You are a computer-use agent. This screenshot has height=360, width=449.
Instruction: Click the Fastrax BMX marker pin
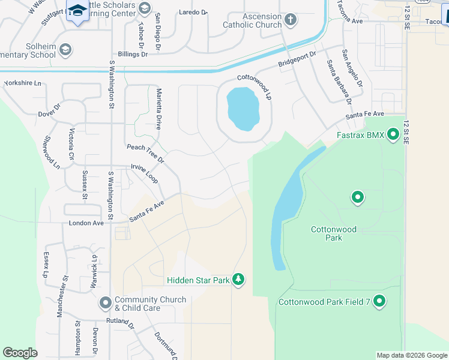[393, 134]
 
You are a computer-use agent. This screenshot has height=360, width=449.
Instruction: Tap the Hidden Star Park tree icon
[239, 280]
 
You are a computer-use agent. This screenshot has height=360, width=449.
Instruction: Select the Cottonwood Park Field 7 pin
[379, 301]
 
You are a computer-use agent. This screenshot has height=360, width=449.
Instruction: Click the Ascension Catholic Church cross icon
[290, 20]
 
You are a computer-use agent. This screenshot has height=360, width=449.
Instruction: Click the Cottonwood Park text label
[334, 233]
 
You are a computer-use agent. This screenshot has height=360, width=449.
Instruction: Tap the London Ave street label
[86, 223]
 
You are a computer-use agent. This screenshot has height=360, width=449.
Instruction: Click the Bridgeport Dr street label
[297, 60]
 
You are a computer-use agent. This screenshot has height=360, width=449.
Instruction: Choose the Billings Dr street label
[133, 54]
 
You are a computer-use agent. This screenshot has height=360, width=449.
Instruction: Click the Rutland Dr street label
[120, 321]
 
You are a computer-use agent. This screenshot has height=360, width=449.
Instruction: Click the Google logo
[20, 353]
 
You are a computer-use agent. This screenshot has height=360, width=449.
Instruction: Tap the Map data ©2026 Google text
[411, 355]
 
